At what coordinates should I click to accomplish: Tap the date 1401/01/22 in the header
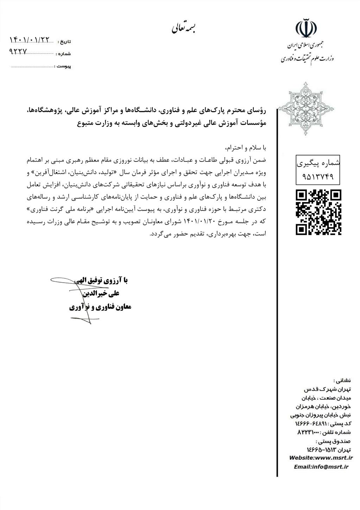pos(30,40)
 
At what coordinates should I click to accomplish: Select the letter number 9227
pos(18,51)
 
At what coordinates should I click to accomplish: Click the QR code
pos(318,212)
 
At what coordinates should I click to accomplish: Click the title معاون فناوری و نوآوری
pos(100,307)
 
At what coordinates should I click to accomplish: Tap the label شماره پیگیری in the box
pos(318,163)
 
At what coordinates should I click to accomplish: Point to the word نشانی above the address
pos(342,380)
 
